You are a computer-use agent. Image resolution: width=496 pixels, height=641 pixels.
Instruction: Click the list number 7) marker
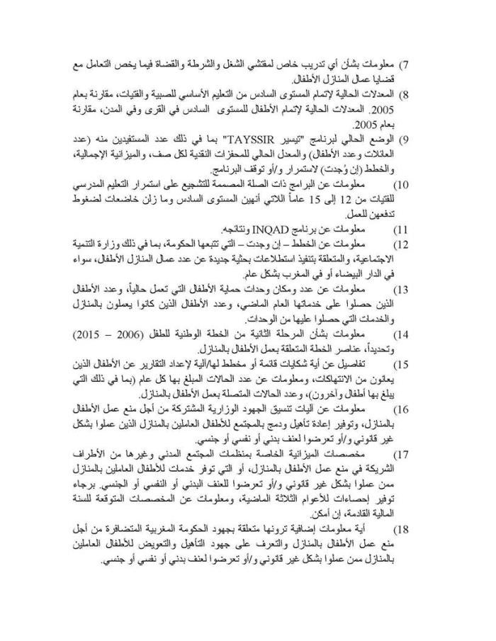coord(405,66)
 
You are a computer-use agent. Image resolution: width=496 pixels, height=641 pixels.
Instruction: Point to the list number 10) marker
coord(402,186)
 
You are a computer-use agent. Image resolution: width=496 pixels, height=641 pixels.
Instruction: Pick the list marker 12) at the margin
coord(402,244)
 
